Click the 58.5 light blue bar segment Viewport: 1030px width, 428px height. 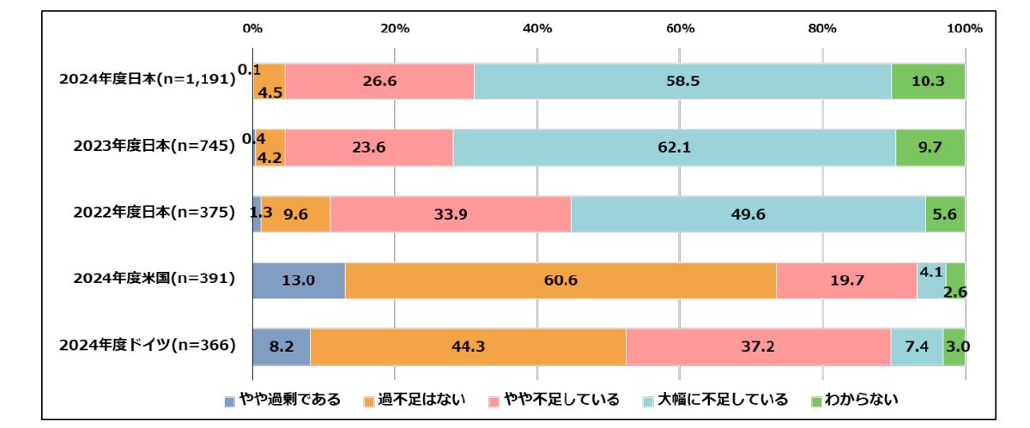(x=682, y=81)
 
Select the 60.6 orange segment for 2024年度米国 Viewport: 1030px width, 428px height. (x=560, y=280)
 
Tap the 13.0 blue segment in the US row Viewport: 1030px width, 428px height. (x=299, y=280)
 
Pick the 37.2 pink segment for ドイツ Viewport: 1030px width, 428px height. (x=758, y=347)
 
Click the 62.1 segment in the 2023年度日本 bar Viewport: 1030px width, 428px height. (x=674, y=148)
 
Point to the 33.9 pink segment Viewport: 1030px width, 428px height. (x=451, y=214)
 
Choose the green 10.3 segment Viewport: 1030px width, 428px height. (x=928, y=81)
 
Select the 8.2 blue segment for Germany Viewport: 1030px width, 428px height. (x=282, y=347)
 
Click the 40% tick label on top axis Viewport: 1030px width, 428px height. (x=537, y=28)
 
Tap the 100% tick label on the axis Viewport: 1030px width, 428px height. (x=965, y=28)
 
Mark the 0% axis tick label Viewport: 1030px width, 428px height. (x=252, y=28)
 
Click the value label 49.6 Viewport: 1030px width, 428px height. (x=748, y=214)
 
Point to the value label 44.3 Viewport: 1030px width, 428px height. (x=468, y=347)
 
